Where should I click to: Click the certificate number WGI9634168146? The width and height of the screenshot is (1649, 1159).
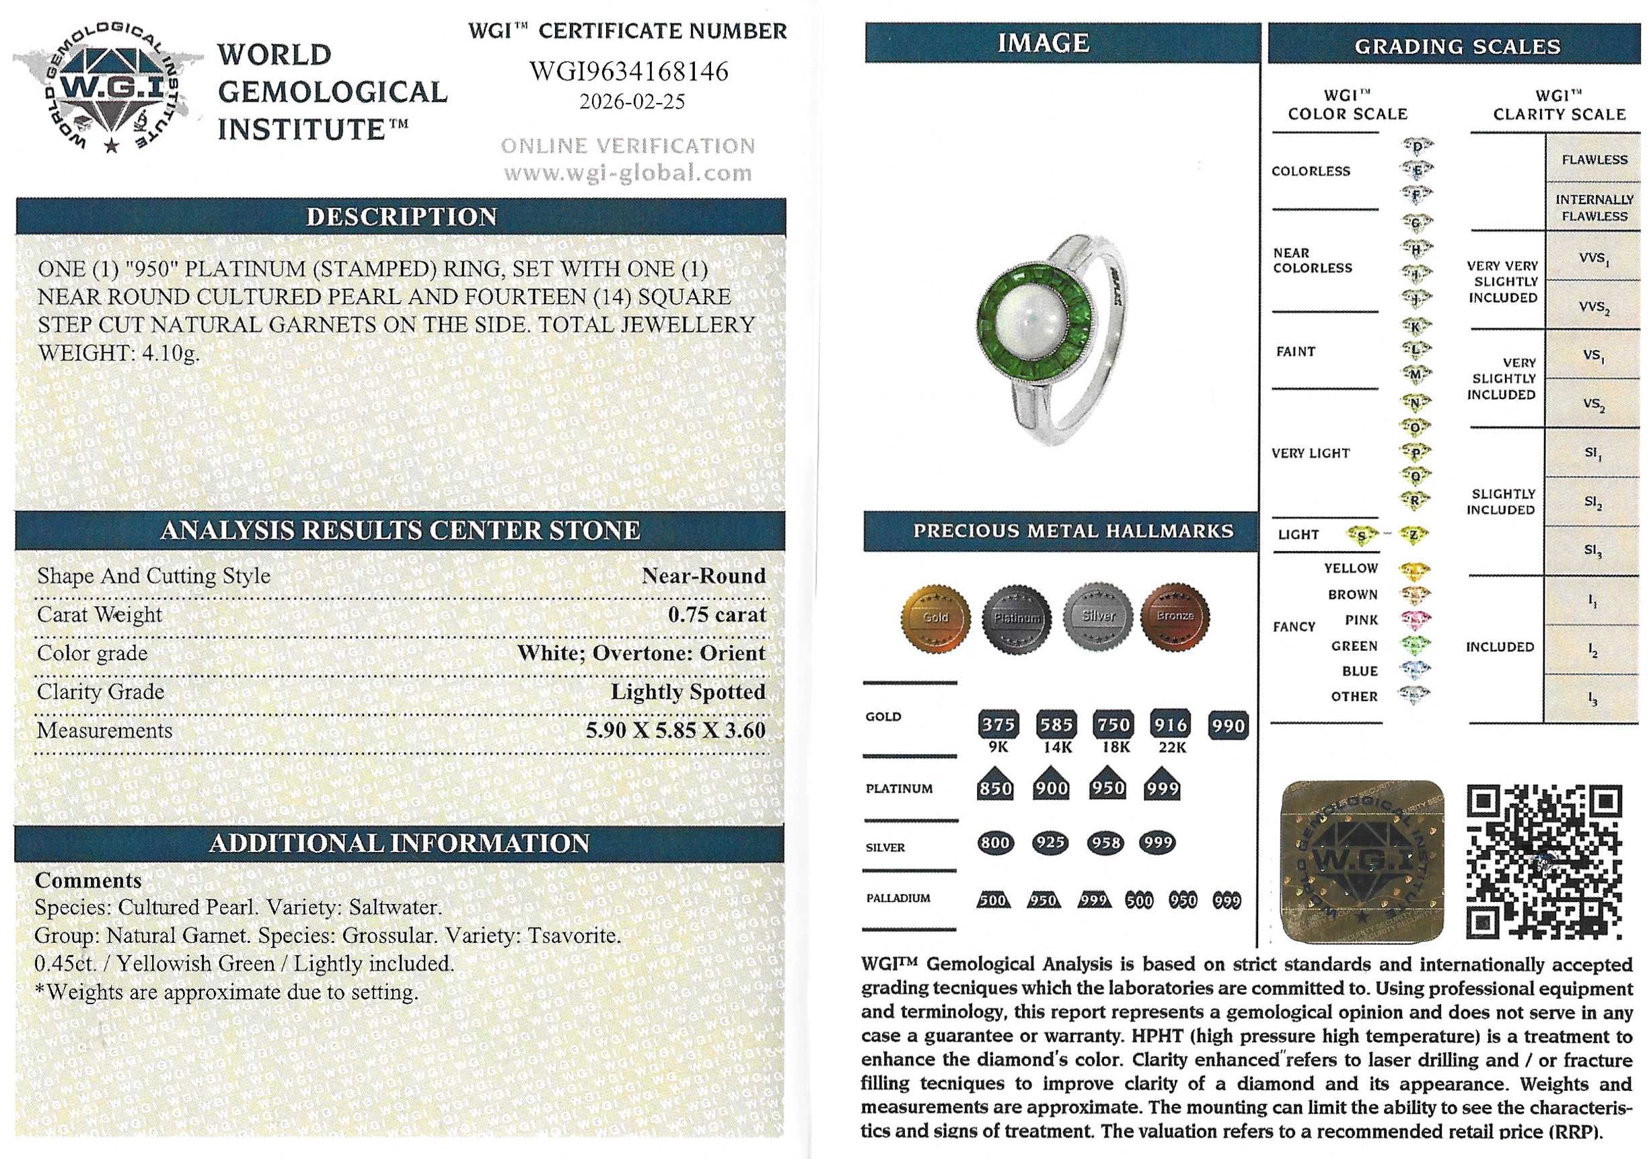tap(628, 72)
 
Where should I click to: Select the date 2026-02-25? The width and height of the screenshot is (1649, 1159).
tap(632, 102)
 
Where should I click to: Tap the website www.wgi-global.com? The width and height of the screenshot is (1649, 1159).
tap(628, 173)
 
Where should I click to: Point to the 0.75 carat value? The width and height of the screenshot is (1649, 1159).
tap(717, 614)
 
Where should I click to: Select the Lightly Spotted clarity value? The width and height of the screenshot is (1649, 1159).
tap(688, 691)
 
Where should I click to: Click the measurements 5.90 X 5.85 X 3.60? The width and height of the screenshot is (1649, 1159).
tap(675, 730)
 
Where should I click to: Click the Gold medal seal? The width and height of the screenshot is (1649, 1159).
tap(935, 617)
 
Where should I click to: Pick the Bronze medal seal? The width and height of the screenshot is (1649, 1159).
tap(1175, 617)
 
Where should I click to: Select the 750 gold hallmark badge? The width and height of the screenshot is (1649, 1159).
tap(1113, 724)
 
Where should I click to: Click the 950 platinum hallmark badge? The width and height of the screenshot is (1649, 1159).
tap(1107, 787)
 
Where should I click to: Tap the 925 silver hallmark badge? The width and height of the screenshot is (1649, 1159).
tap(1050, 842)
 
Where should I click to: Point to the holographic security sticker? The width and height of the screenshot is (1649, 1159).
tap(1362, 862)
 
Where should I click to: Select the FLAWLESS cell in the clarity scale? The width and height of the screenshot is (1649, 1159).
tap(1594, 160)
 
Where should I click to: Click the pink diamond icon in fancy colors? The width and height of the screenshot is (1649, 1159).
tap(1416, 619)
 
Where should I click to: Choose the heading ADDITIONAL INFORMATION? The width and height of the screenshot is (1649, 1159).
tap(400, 843)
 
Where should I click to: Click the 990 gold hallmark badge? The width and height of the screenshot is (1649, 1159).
tap(1228, 725)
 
